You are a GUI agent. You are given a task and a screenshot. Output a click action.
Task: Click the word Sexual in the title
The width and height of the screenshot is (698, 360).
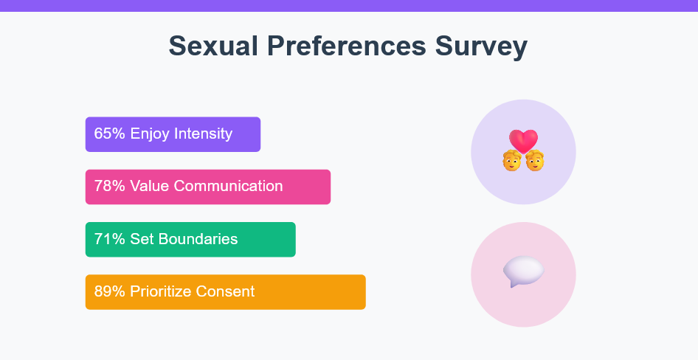(x=213, y=46)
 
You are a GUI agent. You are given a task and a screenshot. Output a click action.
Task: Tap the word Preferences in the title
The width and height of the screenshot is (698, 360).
(x=346, y=46)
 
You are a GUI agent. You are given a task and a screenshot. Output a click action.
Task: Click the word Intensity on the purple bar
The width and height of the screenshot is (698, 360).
(x=204, y=134)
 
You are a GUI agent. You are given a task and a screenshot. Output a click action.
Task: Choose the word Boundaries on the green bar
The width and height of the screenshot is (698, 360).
(x=198, y=239)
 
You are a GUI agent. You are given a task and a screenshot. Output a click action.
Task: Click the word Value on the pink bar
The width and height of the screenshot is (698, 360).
(x=150, y=186)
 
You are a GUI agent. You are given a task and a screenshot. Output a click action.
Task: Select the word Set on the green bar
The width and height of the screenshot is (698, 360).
(x=142, y=239)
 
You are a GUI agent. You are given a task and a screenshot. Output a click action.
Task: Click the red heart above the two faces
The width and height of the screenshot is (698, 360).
(x=524, y=142)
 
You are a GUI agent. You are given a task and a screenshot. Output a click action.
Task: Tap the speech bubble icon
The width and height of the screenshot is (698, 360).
(x=524, y=271)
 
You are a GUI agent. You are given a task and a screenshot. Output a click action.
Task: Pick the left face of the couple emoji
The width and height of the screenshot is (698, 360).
(x=512, y=161)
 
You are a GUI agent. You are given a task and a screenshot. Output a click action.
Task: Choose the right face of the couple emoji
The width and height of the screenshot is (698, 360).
(x=535, y=161)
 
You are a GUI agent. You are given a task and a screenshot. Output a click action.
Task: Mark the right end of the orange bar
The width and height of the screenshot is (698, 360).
(x=365, y=292)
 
